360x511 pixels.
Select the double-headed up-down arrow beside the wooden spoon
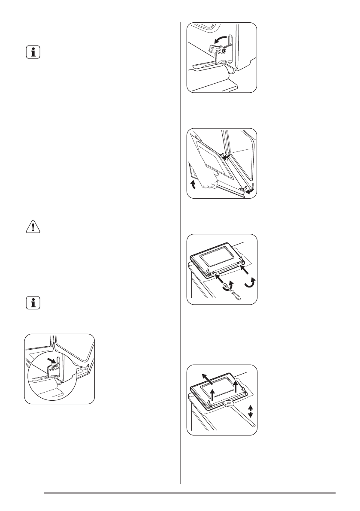pos(251,412)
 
